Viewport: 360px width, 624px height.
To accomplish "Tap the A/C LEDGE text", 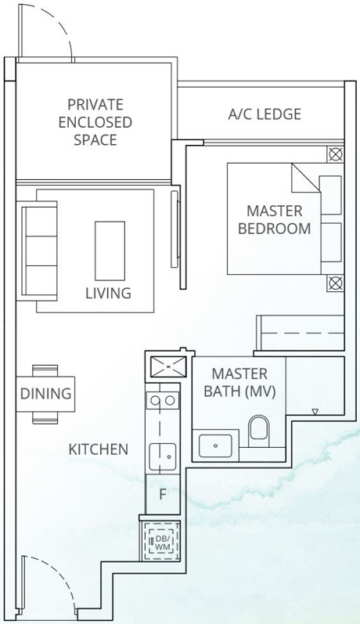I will [x=264, y=114].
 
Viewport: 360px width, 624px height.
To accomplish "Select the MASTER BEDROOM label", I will [x=274, y=220].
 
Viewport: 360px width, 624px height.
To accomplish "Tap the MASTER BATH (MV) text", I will [x=239, y=382].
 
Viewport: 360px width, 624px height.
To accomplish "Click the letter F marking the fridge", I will [x=163, y=495].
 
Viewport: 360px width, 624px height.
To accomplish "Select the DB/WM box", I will [x=161, y=539].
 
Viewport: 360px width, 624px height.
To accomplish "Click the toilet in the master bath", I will [x=257, y=430].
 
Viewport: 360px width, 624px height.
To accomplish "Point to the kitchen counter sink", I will [x=162, y=453].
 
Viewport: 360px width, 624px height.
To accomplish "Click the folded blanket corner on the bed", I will [x=305, y=178].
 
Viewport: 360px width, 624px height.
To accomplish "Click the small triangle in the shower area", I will [x=315, y=411].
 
